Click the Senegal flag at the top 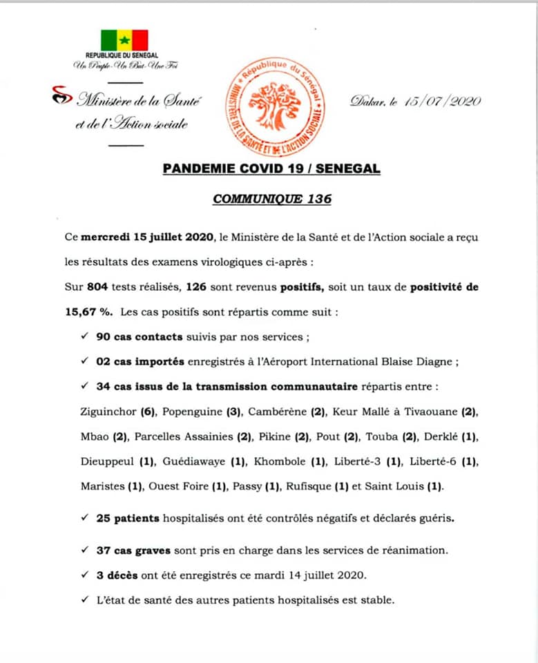[124, 40]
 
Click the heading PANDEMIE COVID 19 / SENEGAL [271, 169]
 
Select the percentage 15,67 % [88, 311]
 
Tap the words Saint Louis [398, 486]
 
